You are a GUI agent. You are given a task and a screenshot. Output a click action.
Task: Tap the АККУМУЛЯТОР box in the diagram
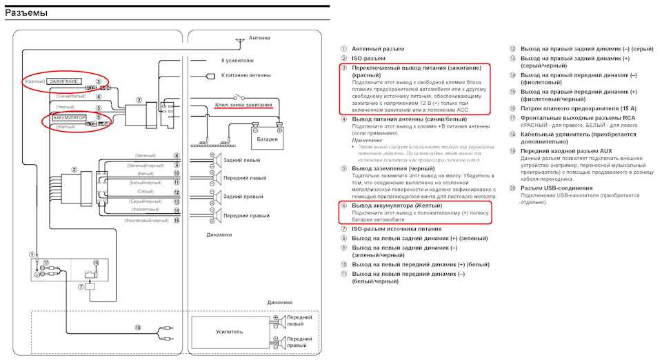[70, 118]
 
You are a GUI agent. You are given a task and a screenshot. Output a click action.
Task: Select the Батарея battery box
[267, 139]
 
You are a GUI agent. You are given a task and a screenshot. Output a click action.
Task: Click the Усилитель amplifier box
[229, 332]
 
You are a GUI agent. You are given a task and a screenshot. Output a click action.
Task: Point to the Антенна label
[259, 38]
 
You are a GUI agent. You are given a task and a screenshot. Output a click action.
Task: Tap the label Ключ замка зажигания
[243, 106]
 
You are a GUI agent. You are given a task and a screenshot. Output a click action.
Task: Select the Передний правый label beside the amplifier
[300, 342]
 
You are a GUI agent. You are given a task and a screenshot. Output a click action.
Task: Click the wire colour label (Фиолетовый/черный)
[146, 221]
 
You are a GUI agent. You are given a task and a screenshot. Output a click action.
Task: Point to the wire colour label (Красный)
[34, 81]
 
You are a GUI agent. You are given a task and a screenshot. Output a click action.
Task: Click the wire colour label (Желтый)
[66, 127]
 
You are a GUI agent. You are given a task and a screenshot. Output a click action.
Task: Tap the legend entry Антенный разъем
[378, 49]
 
